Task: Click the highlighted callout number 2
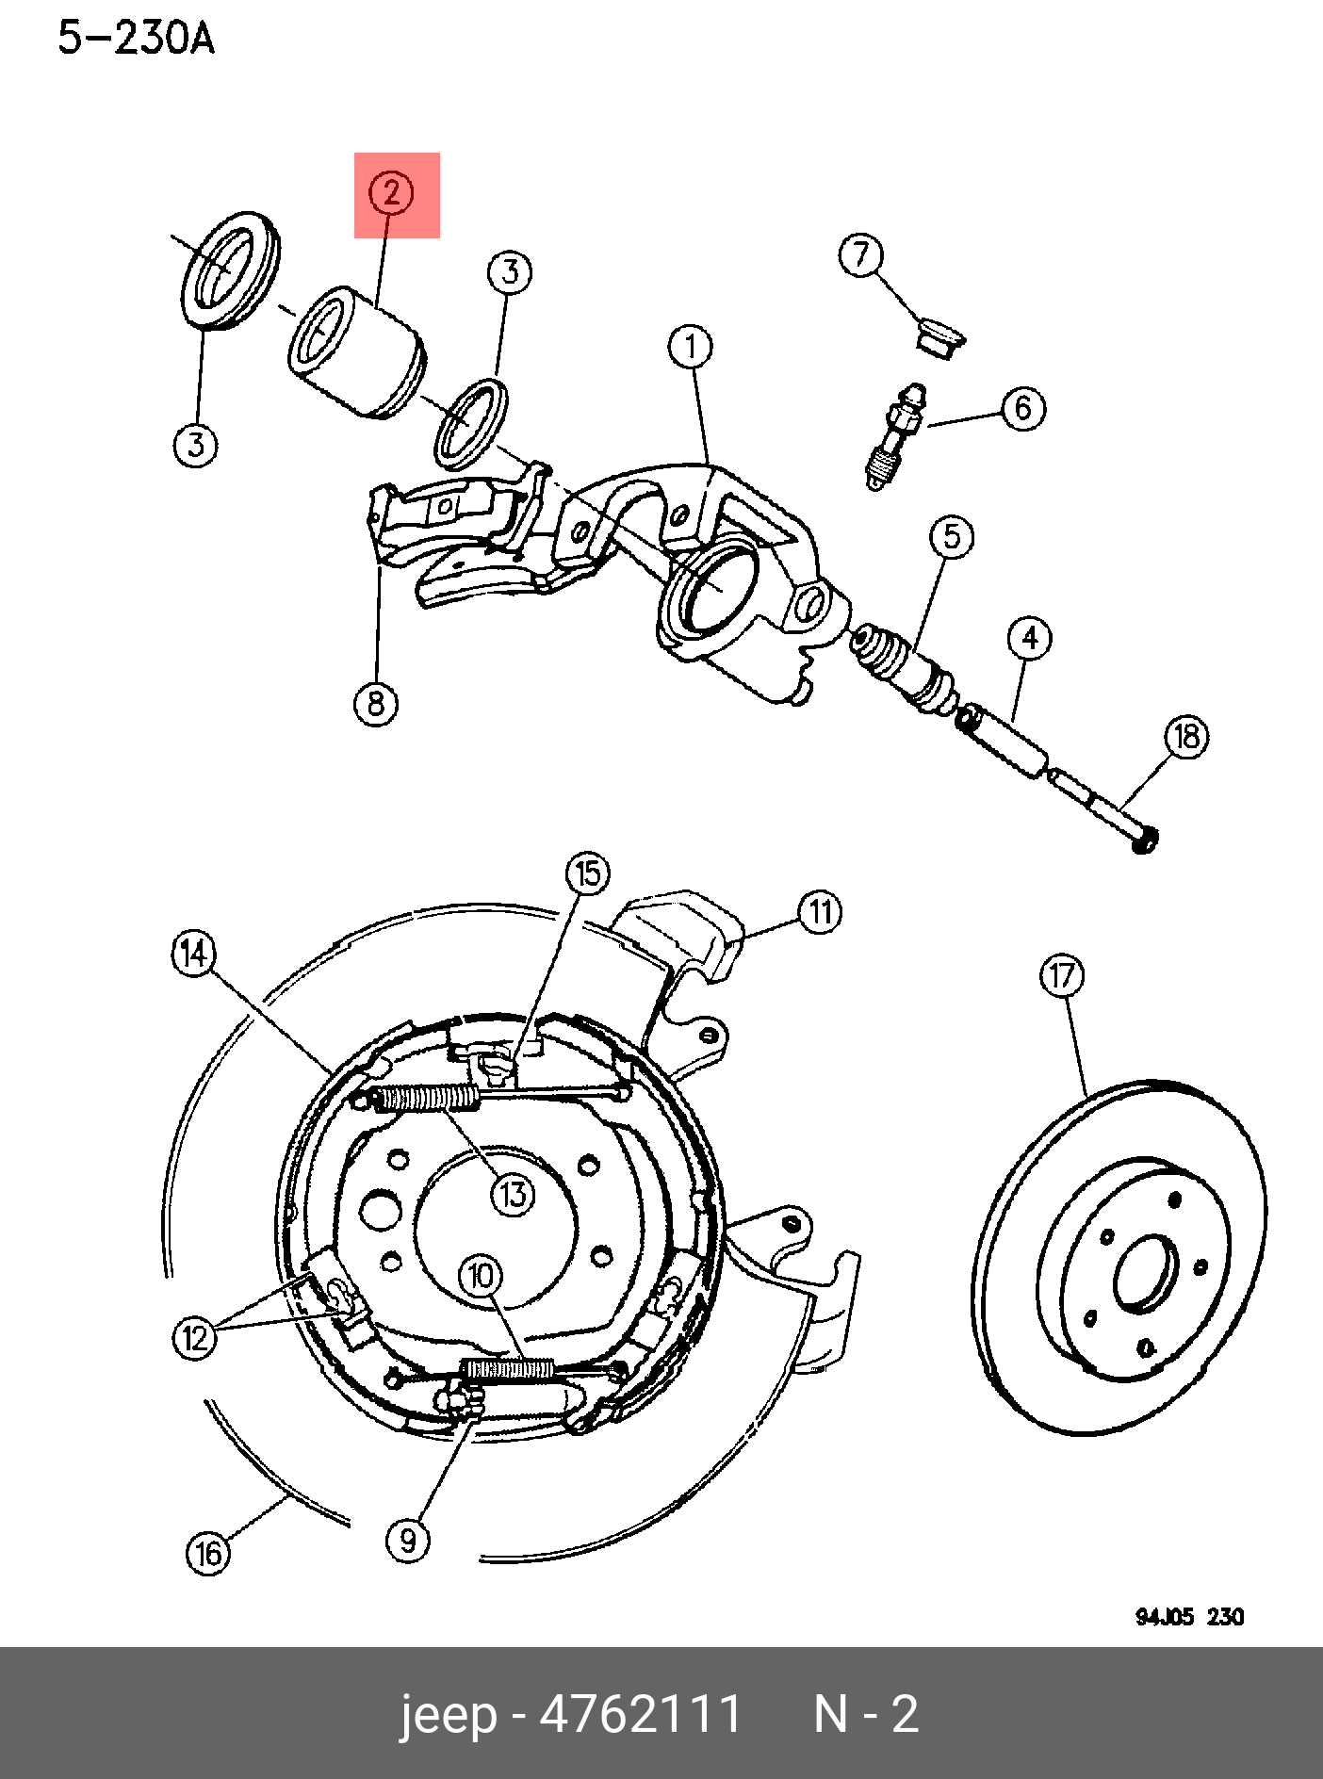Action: [x=391, y=193]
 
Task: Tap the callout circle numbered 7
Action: [x=861, y=255]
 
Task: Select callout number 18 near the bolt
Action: [x=1186, y=736]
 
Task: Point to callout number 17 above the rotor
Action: [x=1062, y=975]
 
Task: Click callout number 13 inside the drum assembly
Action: [x=513, y=1195]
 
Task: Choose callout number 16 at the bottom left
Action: [x=208, y=1553]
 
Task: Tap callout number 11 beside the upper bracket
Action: [x=820, y=912]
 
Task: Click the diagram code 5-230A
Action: [x=137, y=40]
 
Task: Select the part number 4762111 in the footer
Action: [x=641, y=1714]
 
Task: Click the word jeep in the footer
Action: [x=448, y=1714]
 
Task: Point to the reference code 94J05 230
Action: [x=1189, y=1617]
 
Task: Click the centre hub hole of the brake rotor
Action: [x=1146, y=1273]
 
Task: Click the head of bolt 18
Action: [x=1145, y=838]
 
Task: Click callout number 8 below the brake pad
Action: [x=376, y=703]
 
